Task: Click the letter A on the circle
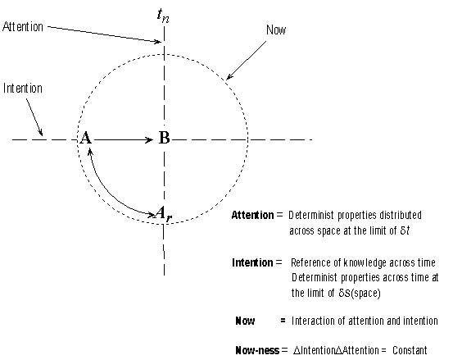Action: [85, 138]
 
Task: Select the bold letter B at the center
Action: [164, 138]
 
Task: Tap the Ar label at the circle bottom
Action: [164, 214]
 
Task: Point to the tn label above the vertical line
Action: [163, 16]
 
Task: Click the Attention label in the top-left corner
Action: [23, 27]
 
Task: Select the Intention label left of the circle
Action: [23, 89]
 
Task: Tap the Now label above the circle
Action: [276, 30]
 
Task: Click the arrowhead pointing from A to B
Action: [149, 140]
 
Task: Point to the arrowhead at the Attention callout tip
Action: [157, 42]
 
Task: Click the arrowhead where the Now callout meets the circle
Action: [229, 76]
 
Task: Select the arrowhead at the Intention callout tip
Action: [41, 132]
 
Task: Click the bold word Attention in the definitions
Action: [252, 215]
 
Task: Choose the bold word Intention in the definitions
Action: [252, 262]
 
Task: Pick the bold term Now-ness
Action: [257, 350]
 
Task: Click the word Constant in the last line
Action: [410, 350]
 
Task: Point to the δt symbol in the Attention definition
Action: [405, 230]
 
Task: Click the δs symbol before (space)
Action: [344, 294]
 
